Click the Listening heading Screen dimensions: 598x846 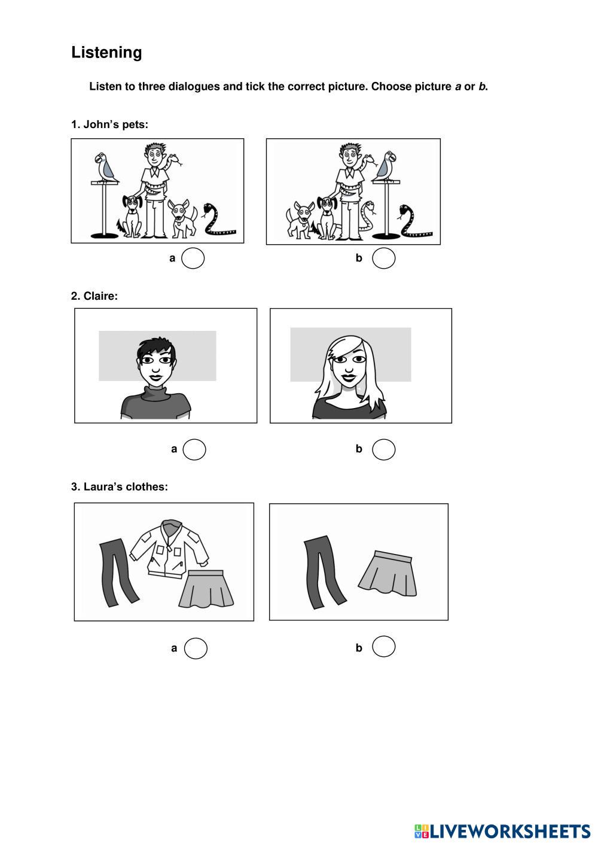click(x=106, y=53)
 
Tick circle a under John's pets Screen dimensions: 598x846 click(x=193, y=258)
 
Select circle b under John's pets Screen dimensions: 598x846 click(x=383, y=258)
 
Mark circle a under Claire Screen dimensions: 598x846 click(x=194, y=449)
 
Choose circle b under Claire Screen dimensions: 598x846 click(x=383, y=449)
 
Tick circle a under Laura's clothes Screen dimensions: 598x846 click(x=196, y=648)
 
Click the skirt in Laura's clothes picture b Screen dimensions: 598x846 click(x=388, y=573)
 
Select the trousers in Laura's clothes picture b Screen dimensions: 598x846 click(x=324, y=572)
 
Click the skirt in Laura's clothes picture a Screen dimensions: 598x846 click(x=206, y=589)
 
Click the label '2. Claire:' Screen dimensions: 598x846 click(x=94, y=296)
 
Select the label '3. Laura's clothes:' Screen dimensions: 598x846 click(x=119, y=487)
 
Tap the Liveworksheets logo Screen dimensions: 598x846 click(x=502, y=832)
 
